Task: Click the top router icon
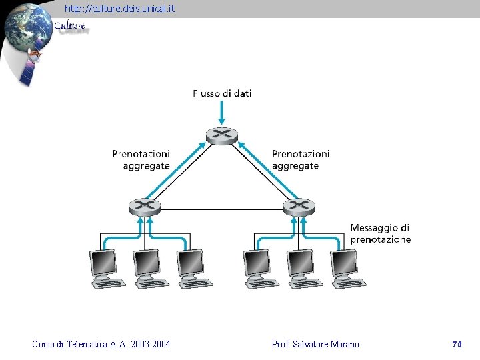pos(221,135)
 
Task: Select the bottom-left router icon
pos(145,207)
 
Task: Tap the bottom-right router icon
pos(298,207)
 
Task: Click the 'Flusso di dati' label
pos(222,93)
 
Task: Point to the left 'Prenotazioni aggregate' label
pos(141,160)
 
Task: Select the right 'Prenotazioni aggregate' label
pos(300,160)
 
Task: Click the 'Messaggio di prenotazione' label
pos(381,233)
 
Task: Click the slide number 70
pos(457,345)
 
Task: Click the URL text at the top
pos(119,9)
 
